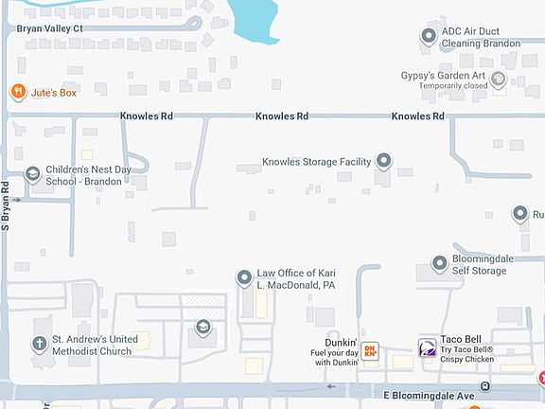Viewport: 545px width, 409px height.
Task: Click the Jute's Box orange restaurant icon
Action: pyautogui.click(x=17, y=92)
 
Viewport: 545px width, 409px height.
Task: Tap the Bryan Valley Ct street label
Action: pyautogui.click(x=50, y=29)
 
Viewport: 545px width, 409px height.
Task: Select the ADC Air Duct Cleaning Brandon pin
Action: pyautogui.click(x=427, y=36)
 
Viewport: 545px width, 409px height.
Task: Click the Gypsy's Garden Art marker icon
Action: pyautogui.click(x=499, y=79)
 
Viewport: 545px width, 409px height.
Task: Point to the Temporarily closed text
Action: pyautogui.click(x=453, y=85)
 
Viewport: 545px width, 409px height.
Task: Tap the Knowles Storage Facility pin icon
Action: pyautogui.click(x=384, y=161)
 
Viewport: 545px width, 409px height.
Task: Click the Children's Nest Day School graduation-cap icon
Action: pyautogui.click(x=33, y=173)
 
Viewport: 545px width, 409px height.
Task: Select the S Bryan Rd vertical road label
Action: pyautogui.click(x=6, y=206)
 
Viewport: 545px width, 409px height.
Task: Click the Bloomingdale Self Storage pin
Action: pyautogui.click(x=440, y=263)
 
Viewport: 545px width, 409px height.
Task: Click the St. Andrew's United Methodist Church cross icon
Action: pyautogui.click(x=40, y=345)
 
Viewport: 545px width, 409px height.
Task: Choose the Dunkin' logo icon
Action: pyautogui.click(x=371, y=350)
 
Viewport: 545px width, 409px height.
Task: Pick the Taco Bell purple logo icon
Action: pyautogui.click(x=428, y=348)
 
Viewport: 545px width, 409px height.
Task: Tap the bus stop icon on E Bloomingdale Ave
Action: pyautogui.click(x=484, y=386)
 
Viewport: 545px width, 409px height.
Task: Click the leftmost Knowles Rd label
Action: pyautogui.click(x=146, y=116)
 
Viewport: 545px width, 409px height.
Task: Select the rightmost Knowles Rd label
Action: pyautogui.click(x=417, y=116)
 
